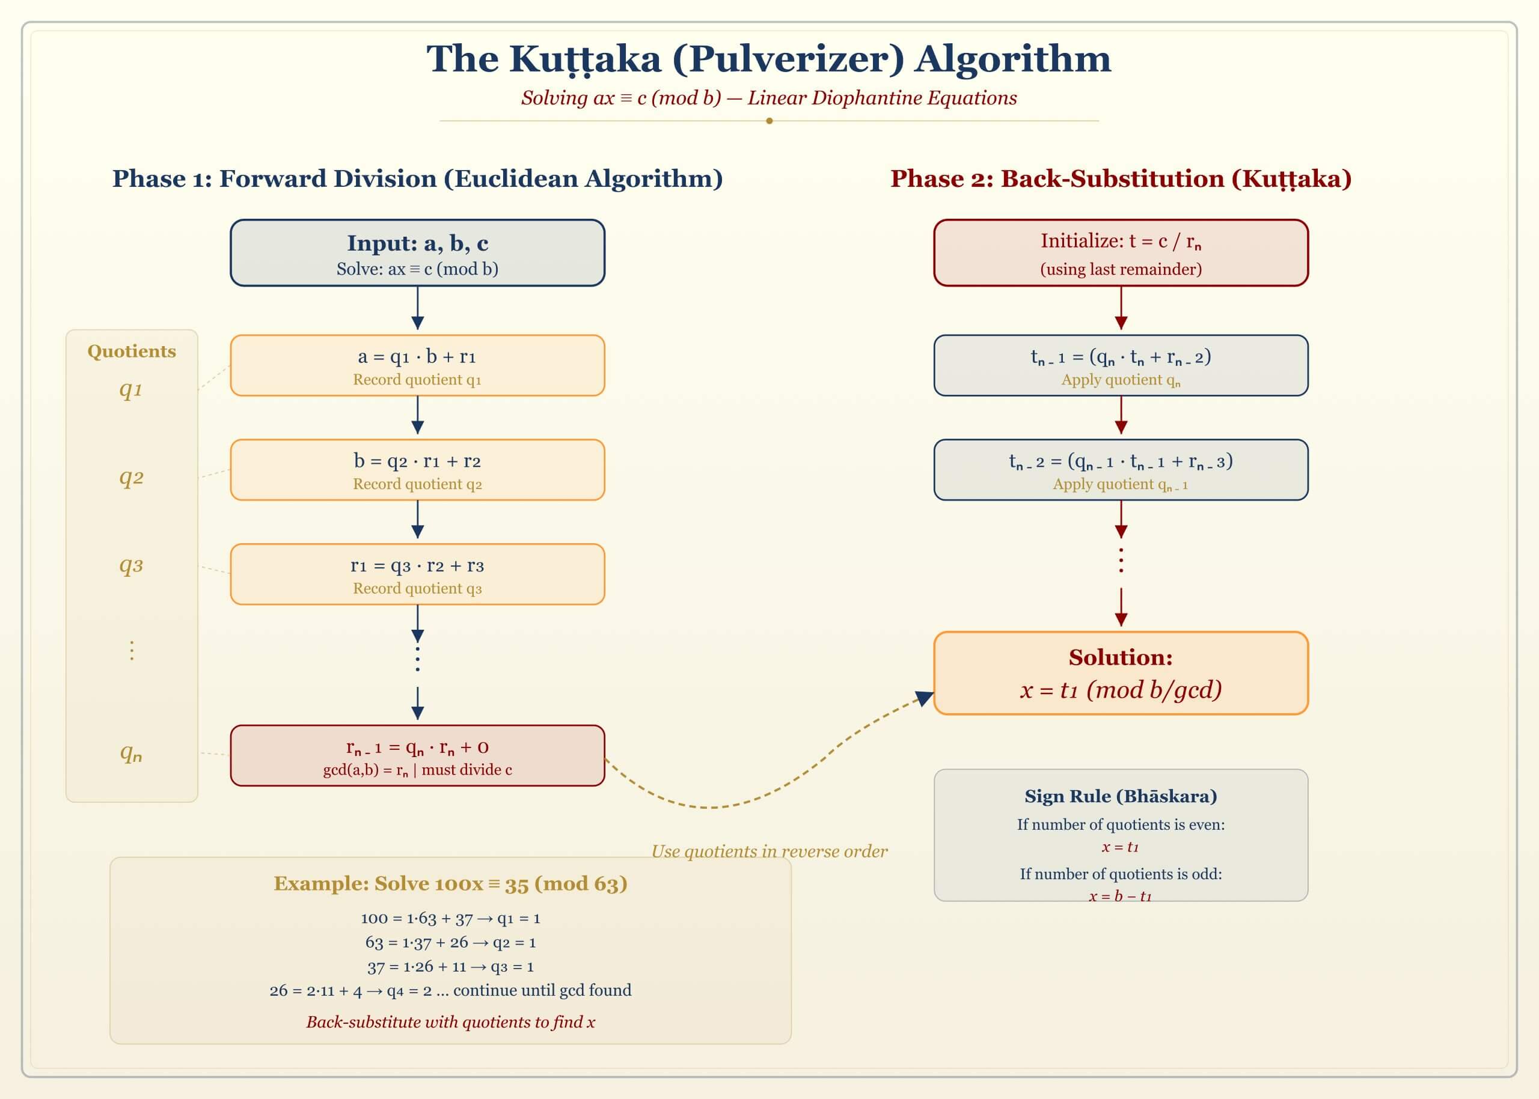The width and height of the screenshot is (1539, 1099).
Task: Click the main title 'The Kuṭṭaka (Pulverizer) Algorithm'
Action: [x=768, y=59]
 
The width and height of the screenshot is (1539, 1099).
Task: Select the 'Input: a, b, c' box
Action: [x=417, y=252]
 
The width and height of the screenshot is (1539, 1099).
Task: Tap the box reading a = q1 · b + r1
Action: [x=417, y=365]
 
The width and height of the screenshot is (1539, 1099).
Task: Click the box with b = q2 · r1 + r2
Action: [x=417, y=470]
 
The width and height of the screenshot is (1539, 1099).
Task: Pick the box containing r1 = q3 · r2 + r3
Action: [x=417, y=574]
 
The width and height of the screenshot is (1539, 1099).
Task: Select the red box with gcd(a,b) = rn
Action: [x=417, y=755]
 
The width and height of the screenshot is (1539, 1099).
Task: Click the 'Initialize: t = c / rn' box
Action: [x=1121, y=252]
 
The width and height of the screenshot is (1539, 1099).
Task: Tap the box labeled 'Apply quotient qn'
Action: [x=1121, y=365]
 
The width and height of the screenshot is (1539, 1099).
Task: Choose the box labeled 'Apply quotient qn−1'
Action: [x=1121, y=470]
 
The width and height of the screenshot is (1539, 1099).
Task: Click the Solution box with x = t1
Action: [x=1121, y=674]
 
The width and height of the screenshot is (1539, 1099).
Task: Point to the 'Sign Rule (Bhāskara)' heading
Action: [x=1121, y=796]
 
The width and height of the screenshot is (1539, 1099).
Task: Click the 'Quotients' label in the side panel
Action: [x=131, y=352]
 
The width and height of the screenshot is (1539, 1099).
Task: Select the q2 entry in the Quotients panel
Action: [x=131, y=477]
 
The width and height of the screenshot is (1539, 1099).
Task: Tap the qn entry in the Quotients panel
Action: [x=131, y=752]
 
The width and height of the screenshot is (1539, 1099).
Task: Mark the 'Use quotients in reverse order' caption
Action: [x=769, y=851]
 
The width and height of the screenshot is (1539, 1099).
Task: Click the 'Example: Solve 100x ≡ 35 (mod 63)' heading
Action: [x=450, y=884]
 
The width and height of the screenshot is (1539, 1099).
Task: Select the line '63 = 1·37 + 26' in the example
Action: [x=450, y=942]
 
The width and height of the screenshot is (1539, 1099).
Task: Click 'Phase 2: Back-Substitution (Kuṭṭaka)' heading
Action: [x=1121, y=178]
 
